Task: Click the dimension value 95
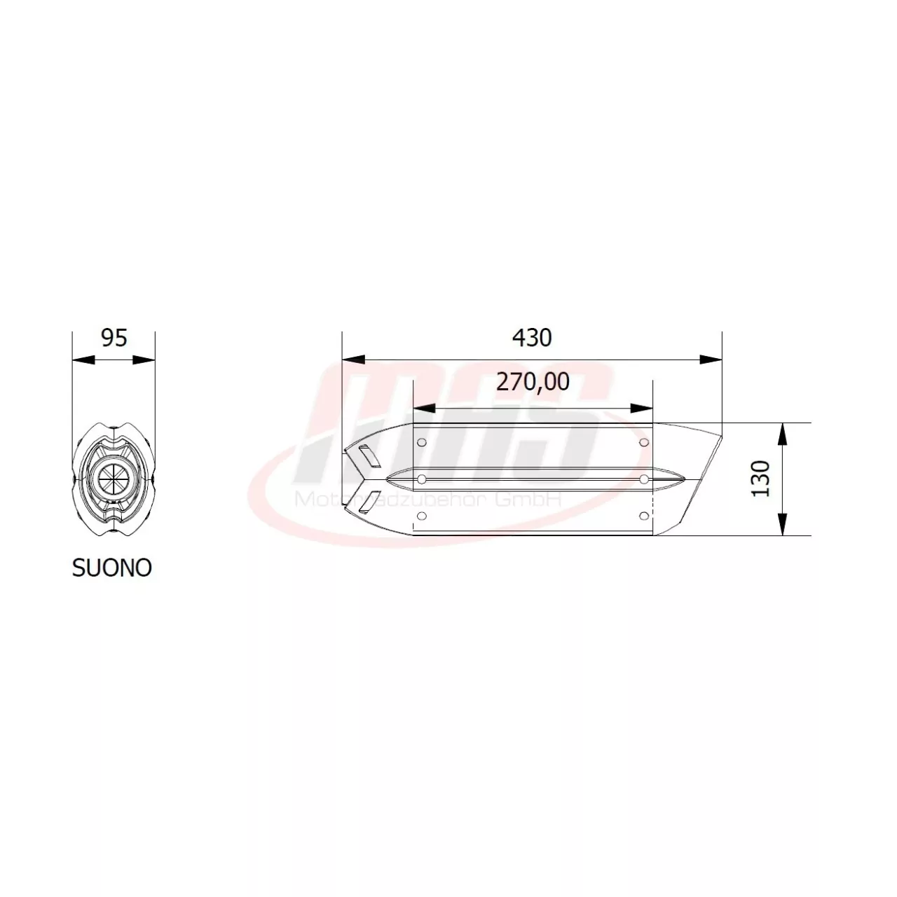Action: [x=114, y=338]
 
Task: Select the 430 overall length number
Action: [x=532, y=338]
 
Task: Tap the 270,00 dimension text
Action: [x=533, y=382]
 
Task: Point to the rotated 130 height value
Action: [x=761, y=479]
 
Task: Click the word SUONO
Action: [x=112, y=568]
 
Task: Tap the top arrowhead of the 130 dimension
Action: [x=783, y=434]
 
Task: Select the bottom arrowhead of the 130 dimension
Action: [x=783, y=524]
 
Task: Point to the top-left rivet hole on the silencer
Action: [x=421, y=442]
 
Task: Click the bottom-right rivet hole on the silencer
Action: [x=643, y=516]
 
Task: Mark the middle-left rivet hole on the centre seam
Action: [x=421, y=479]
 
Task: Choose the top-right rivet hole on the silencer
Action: [x=643, y=442]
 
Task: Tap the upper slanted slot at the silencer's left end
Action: [x=367, y=456]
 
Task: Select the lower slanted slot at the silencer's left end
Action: [x=367, y=502]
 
